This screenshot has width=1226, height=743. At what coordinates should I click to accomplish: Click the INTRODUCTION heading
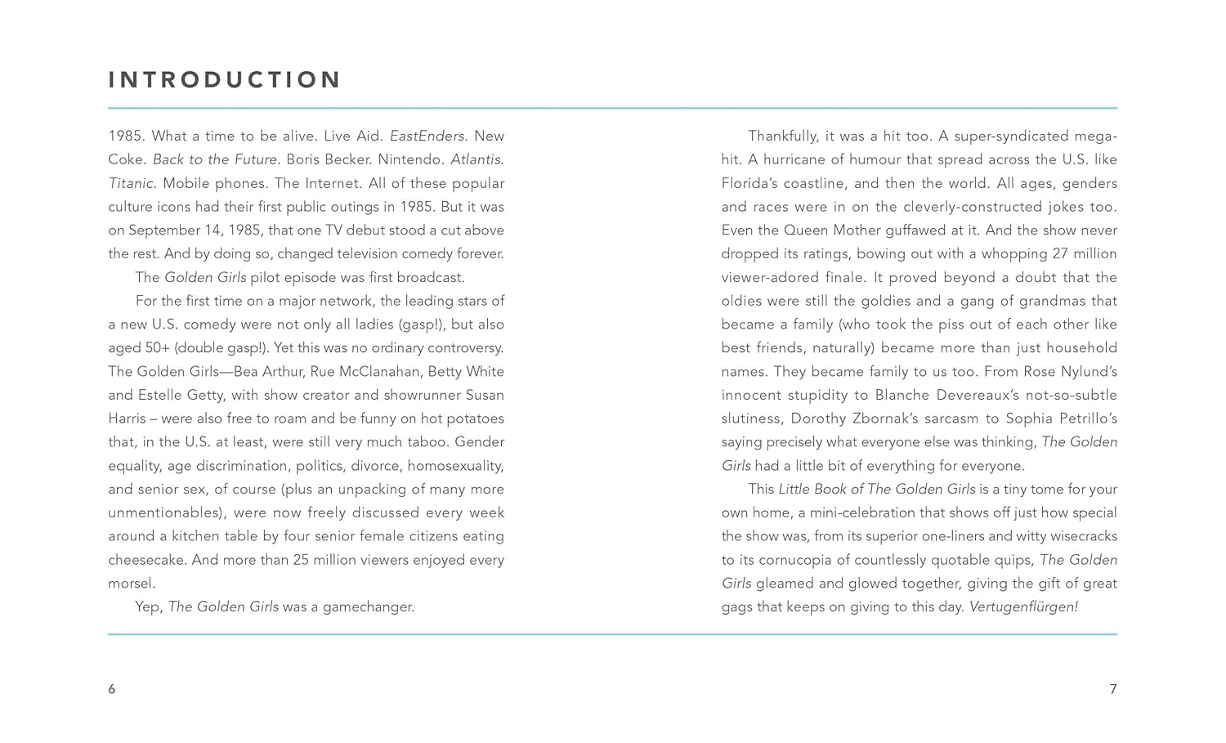tap(225, 79)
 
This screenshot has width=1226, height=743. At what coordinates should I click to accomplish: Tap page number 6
tap(112, 689)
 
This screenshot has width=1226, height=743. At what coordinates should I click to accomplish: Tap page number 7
tap(1112, 689)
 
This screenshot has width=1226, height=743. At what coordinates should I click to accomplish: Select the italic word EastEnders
tap(427, 136)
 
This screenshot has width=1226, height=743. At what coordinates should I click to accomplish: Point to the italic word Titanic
tap(132, 183)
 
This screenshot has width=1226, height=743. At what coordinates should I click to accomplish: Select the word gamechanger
tap(369, 606)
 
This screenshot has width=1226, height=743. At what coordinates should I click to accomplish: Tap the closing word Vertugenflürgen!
tap(1023, 606)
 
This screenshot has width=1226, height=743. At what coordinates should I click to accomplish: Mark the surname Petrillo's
tap(1087, 418)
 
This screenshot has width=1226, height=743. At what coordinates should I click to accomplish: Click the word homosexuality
tap(455, 466)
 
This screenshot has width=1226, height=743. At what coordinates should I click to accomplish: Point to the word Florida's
tap(750, 183)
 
